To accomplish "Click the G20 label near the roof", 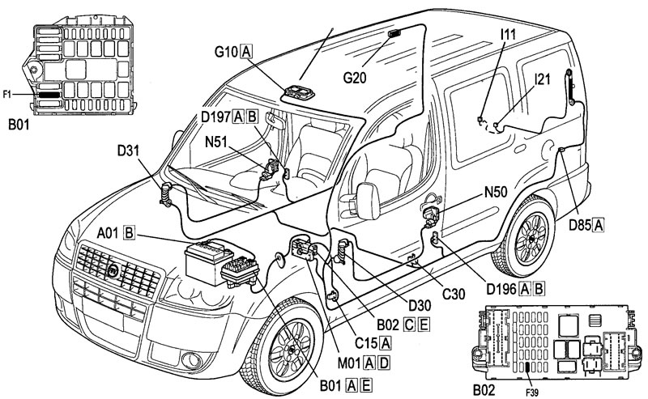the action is coord(355,77).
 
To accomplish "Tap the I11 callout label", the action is coord(508,34).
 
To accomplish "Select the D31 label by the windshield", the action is coord(128,151).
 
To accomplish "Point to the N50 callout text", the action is coord(496,192).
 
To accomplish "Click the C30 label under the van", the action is coord(454,294).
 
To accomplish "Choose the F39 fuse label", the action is coord(532,393).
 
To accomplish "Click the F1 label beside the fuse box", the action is coord(7,95).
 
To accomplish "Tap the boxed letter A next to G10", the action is coord(246,52).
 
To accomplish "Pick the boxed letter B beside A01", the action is coord(130,233).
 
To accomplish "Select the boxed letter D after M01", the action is coord(384,363).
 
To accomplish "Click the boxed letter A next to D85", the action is coord(598,226).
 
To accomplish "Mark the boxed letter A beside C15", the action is coord(386,342).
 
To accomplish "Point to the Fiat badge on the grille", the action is coord(113,271).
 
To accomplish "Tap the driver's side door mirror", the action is coord(368,201).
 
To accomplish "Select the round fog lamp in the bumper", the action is coord(191,360).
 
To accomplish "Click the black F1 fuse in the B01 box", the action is coord(49,95).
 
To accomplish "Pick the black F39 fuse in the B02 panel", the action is coord(528,367).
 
